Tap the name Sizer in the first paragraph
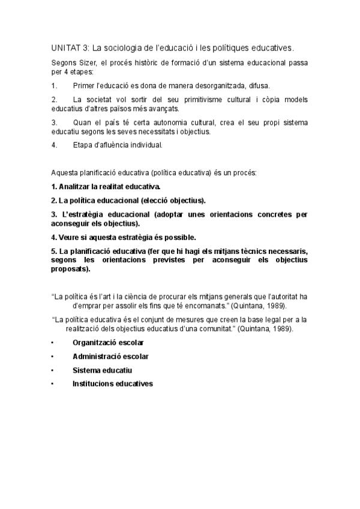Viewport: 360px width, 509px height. point(86,62)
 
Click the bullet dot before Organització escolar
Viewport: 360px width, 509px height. point(53,343)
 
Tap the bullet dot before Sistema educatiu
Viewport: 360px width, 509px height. point(53,370)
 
